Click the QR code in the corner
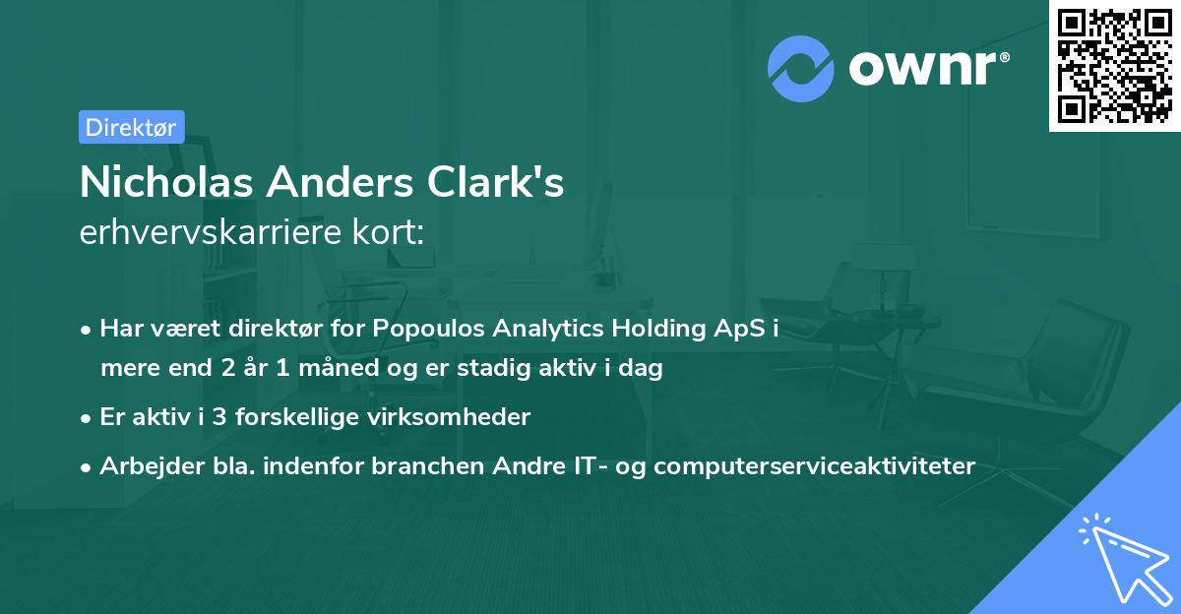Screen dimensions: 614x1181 point(1114,65)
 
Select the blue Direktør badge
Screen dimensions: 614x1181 point(131,127)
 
